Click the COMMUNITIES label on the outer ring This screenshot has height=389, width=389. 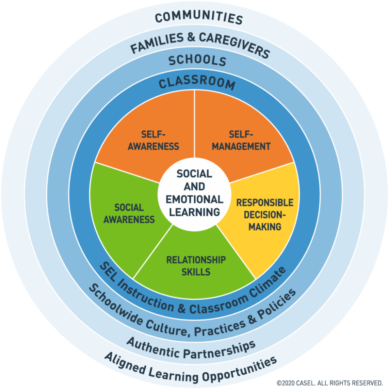199,18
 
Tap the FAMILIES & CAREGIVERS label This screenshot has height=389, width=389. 200,44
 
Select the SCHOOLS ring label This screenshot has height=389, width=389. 198,61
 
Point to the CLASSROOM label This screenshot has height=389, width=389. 197,83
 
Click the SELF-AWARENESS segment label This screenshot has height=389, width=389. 153,140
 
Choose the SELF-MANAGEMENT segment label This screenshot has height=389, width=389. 241,140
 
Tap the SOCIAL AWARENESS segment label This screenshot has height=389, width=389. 129,213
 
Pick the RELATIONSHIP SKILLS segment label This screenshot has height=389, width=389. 196,266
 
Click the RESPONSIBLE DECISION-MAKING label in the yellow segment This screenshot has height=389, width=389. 265,215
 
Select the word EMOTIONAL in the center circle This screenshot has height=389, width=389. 194,200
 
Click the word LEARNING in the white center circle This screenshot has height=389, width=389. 194,212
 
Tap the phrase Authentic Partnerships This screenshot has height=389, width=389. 191,349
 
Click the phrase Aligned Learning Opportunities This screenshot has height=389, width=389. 191,370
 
